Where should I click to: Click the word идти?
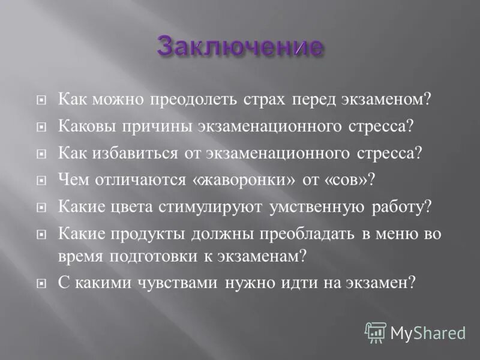(x=308, y=282)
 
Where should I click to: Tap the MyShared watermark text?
(x=427, y=332)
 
